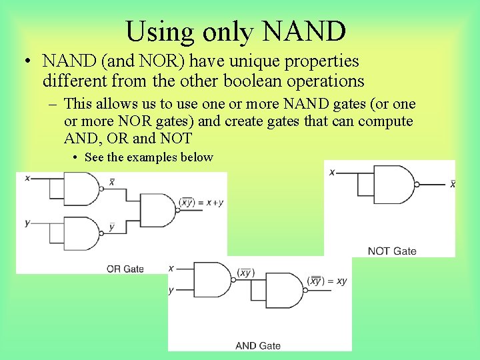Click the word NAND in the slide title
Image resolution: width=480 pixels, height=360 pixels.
(x=305, y=31)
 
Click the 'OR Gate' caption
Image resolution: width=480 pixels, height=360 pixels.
(x=125, y=269)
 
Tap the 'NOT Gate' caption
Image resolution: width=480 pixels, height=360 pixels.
(x=392, y=251)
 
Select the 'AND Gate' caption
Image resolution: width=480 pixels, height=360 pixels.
(x=258, y=345)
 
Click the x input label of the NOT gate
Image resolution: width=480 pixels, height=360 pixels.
(x=332, y=172)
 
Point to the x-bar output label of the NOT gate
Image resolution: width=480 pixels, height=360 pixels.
(x=453, y=183)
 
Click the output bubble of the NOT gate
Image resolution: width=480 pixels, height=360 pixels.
(x=417, y=184)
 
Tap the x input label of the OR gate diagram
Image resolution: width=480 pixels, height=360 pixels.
(x=27, y=178)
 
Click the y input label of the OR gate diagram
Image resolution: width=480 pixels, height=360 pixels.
(x=27, y=222)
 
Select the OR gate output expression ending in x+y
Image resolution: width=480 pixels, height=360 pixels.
(x=201, y=202)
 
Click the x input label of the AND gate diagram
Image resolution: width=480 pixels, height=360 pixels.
(x=171, y=268)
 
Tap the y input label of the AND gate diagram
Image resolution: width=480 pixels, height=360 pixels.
(x=171, y=290)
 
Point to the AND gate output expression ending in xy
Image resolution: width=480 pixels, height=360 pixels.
(x=327, y=281)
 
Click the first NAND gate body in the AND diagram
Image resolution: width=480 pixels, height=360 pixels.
(x=212, y=279)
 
